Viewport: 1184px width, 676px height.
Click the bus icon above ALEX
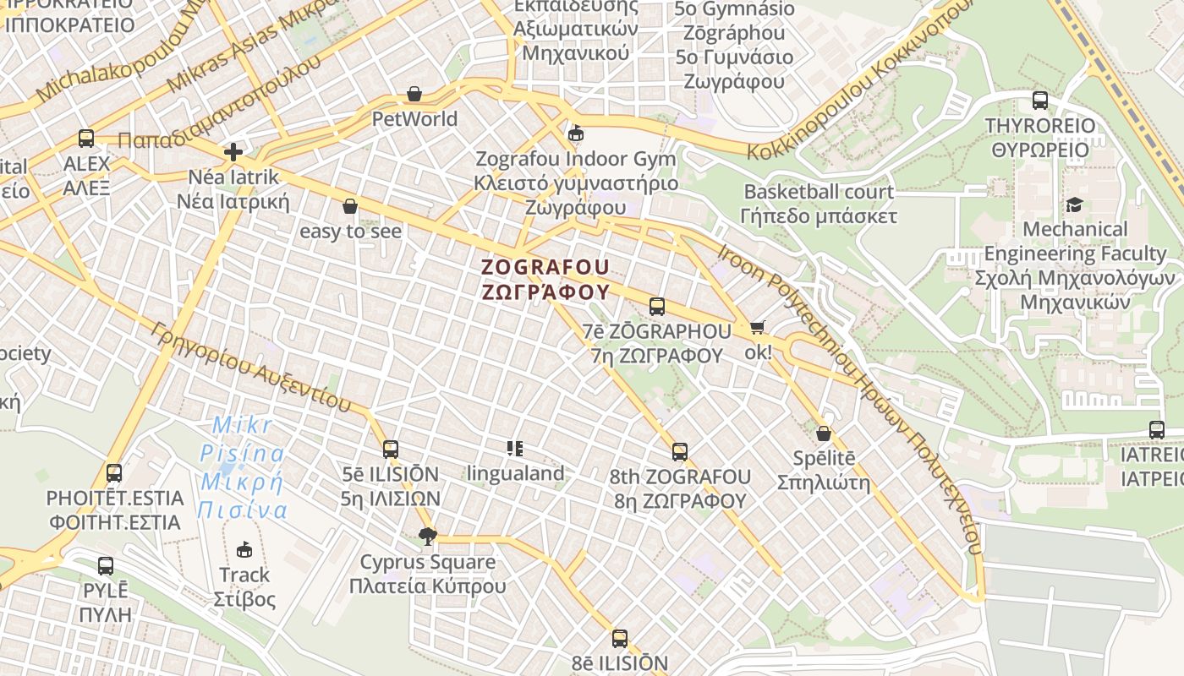coord(86,139)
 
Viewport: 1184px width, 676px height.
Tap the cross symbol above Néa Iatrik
coord(233,153)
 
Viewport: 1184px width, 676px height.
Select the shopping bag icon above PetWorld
coord(414,94)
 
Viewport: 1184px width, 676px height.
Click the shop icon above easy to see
coord(350,206)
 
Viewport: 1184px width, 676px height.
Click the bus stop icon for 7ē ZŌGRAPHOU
coord(657,307)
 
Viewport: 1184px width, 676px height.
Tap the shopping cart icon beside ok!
coord(757,328)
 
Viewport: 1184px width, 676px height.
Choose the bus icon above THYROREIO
coord(1040,101)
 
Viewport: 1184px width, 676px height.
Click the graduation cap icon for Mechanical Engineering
coord(1074,204)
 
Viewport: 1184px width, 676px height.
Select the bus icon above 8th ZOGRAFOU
coord(680,452)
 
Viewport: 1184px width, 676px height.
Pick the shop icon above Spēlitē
coord(824,434)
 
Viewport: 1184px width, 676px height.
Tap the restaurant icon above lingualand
coord(514,449)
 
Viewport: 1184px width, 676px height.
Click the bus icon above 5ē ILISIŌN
coord(391,450)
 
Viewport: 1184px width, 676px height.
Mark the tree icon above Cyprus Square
coord(428,536)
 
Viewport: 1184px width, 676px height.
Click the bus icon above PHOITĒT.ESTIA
coord(114,473)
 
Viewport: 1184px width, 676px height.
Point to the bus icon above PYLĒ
coord(106,566)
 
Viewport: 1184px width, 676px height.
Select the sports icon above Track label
coord(244,549)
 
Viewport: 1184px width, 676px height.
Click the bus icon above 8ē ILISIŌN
coord(620,639)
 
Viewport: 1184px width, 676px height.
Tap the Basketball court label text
coord(818,192)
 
